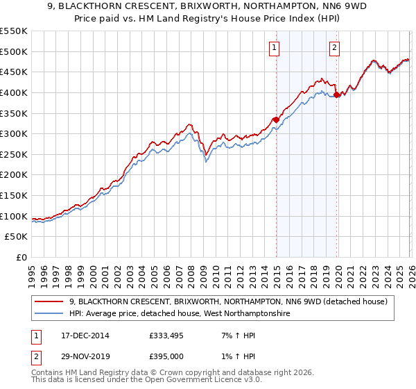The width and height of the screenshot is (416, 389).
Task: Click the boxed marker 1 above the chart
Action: [x=274, y=48]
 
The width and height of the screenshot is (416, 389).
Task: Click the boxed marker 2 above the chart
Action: [x=334, y=48]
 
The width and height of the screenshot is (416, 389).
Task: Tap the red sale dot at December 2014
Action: [x=276, y=119]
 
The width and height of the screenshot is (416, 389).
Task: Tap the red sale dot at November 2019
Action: [x=337, y=94]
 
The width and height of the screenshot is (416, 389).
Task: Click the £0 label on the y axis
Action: [x=21, y=257]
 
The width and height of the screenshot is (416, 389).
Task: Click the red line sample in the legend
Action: [x=49, y=301]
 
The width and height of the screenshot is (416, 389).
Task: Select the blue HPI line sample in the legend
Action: [x=49, y=314]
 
